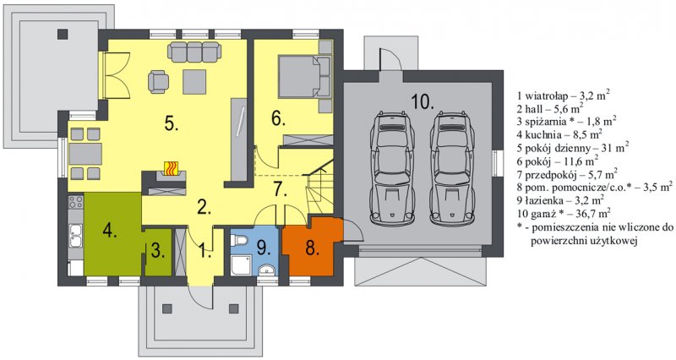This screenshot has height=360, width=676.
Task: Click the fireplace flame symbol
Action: (172, 168)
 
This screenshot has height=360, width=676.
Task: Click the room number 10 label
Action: (422, 102)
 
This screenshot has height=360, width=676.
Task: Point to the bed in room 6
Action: (304, 76)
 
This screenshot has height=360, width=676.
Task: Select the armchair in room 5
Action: (158, 81)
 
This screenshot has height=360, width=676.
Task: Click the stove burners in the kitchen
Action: (76, 201)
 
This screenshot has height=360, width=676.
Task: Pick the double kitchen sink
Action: (76, 236)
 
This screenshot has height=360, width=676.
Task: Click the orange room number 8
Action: (312, 248)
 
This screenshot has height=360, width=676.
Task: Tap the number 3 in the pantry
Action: (158, 251)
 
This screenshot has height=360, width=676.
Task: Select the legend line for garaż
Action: (564, 213)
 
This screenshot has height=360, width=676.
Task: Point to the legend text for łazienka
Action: (560, 199)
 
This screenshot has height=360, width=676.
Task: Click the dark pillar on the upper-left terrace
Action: (63, 34)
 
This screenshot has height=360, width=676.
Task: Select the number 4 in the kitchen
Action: (110, 231)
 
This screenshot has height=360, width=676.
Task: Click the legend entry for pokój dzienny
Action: (573, 147)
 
